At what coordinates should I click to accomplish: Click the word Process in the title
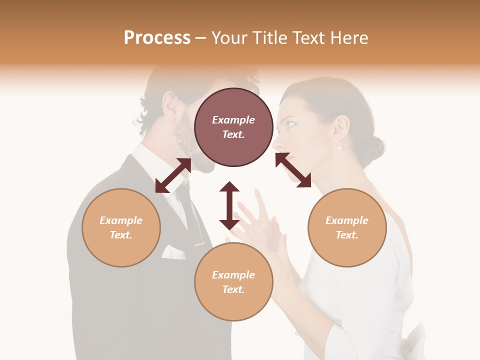[157, 38]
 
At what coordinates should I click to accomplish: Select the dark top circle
[233, 127]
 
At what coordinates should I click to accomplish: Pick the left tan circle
[121, 227]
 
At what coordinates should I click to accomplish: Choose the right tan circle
[347, 227]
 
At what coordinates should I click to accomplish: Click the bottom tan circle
[233, 282]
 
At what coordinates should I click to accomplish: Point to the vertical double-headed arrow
[229, 205]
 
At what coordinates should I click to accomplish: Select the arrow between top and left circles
[173, 175]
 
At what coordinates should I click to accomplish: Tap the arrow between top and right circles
[293, 170]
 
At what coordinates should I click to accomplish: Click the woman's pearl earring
[339, 147]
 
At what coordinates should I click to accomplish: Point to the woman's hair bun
[373, 145]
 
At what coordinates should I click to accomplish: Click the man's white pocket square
[173, 252]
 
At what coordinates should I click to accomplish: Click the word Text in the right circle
[347, 235]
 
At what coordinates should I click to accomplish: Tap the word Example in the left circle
[121, 220]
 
